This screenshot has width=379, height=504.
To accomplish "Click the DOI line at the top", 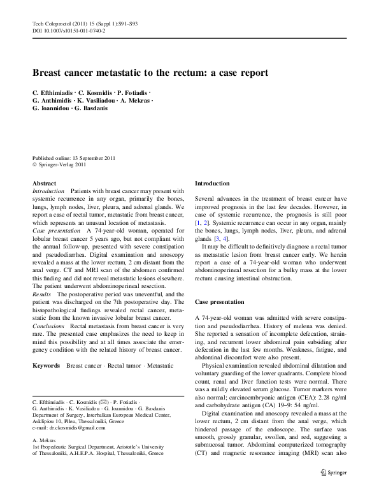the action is [x=68, y=30].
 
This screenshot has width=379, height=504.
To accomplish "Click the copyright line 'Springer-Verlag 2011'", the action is [x=62, y=164].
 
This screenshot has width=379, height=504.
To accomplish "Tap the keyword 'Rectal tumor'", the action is [x=124, y=365].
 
